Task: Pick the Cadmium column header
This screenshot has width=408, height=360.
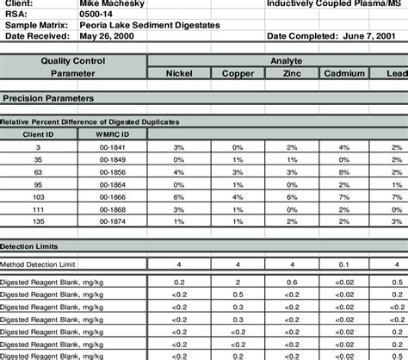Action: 344,74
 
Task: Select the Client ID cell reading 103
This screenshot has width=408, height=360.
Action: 39,196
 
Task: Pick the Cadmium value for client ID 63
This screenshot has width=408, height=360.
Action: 344,172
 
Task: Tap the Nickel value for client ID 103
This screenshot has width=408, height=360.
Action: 179,196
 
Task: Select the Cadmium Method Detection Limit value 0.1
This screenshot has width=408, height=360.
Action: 344,263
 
